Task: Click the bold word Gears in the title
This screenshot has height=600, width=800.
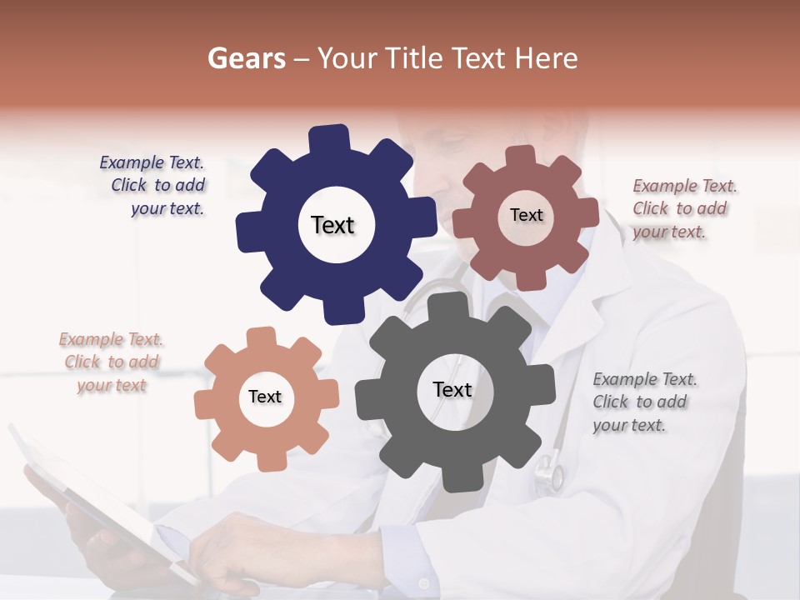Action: tap(247, 58)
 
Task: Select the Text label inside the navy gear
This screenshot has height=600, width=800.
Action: tap(332, 225)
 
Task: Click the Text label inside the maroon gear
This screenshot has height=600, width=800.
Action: tap(526, 215)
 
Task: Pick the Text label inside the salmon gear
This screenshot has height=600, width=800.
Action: tap(265, 397)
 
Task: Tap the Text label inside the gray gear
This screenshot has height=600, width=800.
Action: tap(452, 389)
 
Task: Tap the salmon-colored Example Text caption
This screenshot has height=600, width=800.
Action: tap(111, 362)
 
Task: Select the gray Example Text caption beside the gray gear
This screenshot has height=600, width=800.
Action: tap(642, 402)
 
